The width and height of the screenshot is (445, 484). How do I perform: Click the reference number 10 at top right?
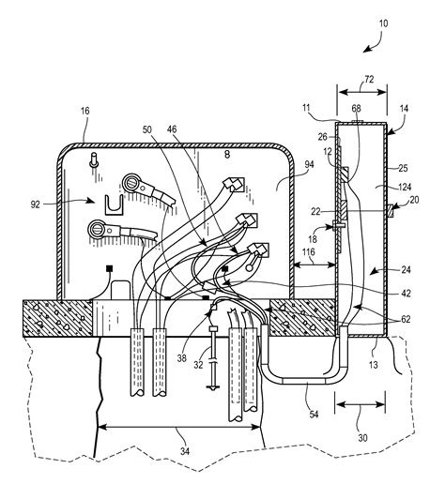(383, 23)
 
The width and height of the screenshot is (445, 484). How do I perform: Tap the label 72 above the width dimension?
(369, 80)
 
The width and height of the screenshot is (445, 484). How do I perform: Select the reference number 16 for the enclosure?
(85, 111)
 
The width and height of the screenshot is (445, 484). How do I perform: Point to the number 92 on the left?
(36, 204)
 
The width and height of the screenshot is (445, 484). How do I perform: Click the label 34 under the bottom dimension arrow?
(185, 451)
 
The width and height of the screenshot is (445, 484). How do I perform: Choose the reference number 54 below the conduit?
(314, 415)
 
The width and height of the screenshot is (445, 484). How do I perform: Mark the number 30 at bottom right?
(362, 438)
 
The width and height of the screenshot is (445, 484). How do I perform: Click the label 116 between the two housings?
(309, 252)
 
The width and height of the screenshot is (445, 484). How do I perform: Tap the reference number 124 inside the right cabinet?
(405, 188)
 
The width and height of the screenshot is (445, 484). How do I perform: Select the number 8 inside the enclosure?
(227, 155)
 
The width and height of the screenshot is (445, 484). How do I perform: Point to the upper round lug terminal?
(131, 183)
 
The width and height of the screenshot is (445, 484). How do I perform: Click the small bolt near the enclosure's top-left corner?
(94, 159)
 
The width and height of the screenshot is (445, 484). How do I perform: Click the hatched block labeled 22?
(344, 209)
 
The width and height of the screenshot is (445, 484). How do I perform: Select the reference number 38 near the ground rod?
(182, 358)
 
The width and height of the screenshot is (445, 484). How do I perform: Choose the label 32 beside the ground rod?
(198, 365)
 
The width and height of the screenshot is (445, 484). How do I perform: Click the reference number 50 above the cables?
(147, 129)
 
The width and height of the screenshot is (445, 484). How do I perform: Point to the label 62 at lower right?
(406, 319)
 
